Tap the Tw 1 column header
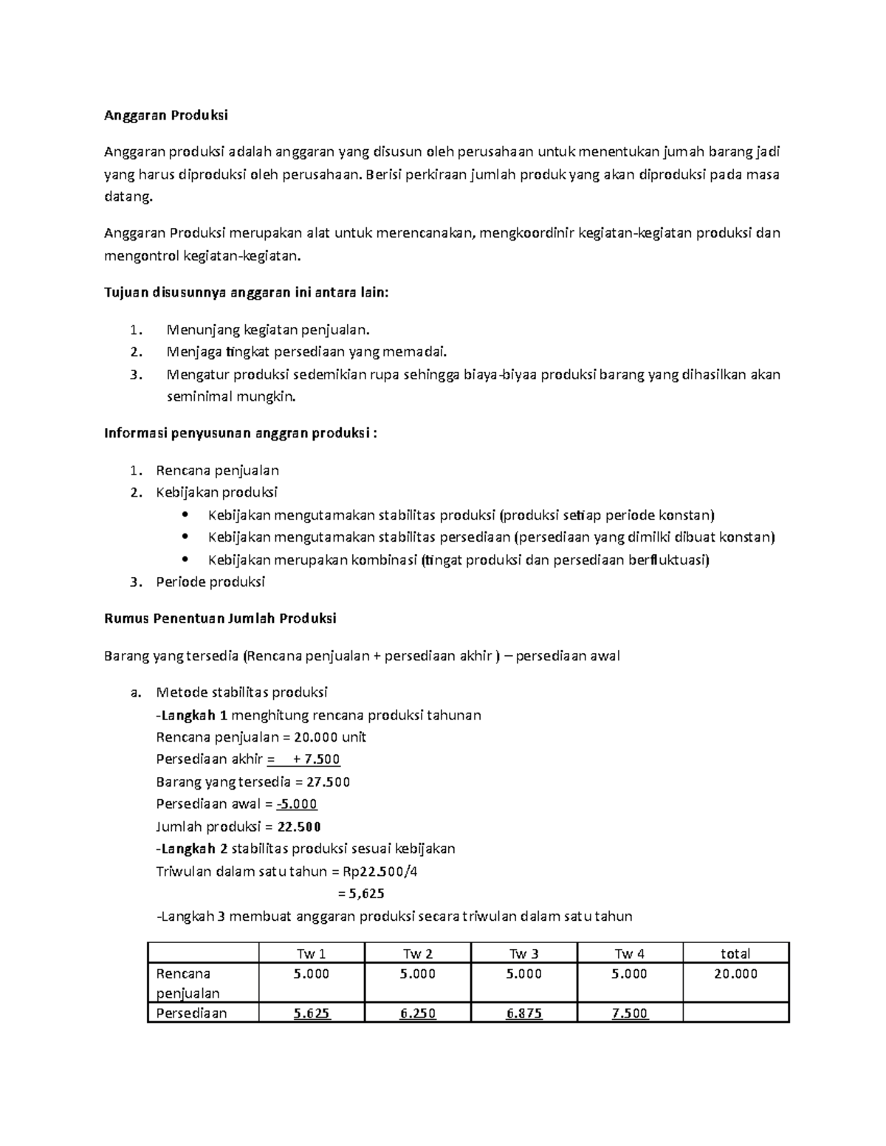click(311, 953)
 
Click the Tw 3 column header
click(523, 953)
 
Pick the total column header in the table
click(735, 953)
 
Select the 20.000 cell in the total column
click(735, 974)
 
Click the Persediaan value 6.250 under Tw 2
click(417, 1014)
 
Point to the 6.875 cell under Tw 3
click(523, 1014)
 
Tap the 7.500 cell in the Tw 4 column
click(630, 1014)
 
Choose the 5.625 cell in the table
click(311, 1014)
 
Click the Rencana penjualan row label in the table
click(188, 984)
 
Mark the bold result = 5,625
click(361, 894)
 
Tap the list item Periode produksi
click(210, 581)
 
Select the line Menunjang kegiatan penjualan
click(267, 330)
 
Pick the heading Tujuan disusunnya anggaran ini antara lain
click(246, 293)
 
